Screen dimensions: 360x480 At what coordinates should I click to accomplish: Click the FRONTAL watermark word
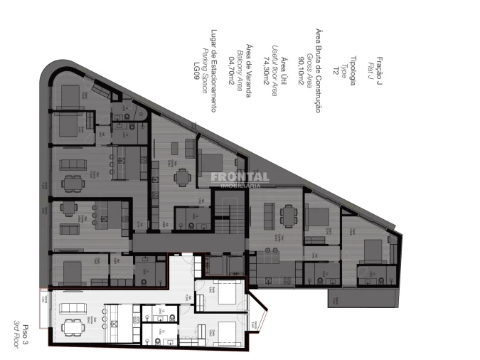[240, 176]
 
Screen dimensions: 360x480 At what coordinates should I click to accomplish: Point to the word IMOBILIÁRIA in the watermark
[240, 184]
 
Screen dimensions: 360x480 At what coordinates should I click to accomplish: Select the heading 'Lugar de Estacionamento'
[213, 70]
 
